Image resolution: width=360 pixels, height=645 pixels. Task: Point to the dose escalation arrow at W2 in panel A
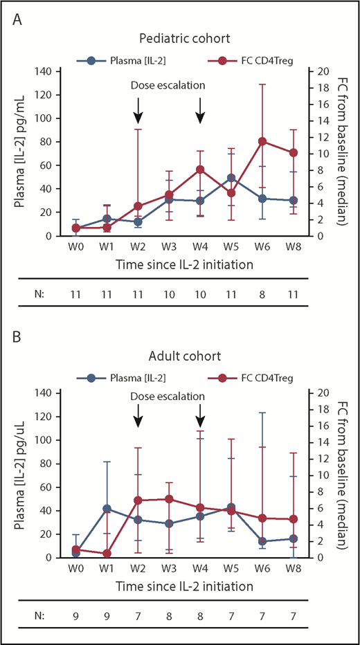(138, 109)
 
